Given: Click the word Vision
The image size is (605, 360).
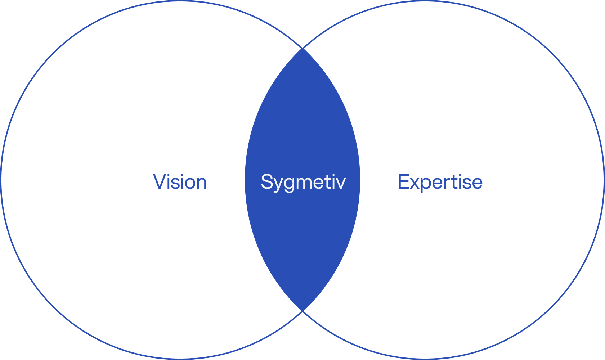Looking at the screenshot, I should tap(180, 182).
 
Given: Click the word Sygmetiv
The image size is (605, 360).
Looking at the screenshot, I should tap(303, 182).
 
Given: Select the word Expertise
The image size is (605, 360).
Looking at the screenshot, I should tap(440, 182).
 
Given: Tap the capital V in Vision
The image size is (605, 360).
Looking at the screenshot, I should tap(159, 182).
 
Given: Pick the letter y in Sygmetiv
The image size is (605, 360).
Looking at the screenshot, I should tap(278, 184).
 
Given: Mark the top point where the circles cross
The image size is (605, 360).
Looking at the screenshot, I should tap(302, 48).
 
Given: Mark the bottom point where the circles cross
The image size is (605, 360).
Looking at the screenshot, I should tap(302, 310).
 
